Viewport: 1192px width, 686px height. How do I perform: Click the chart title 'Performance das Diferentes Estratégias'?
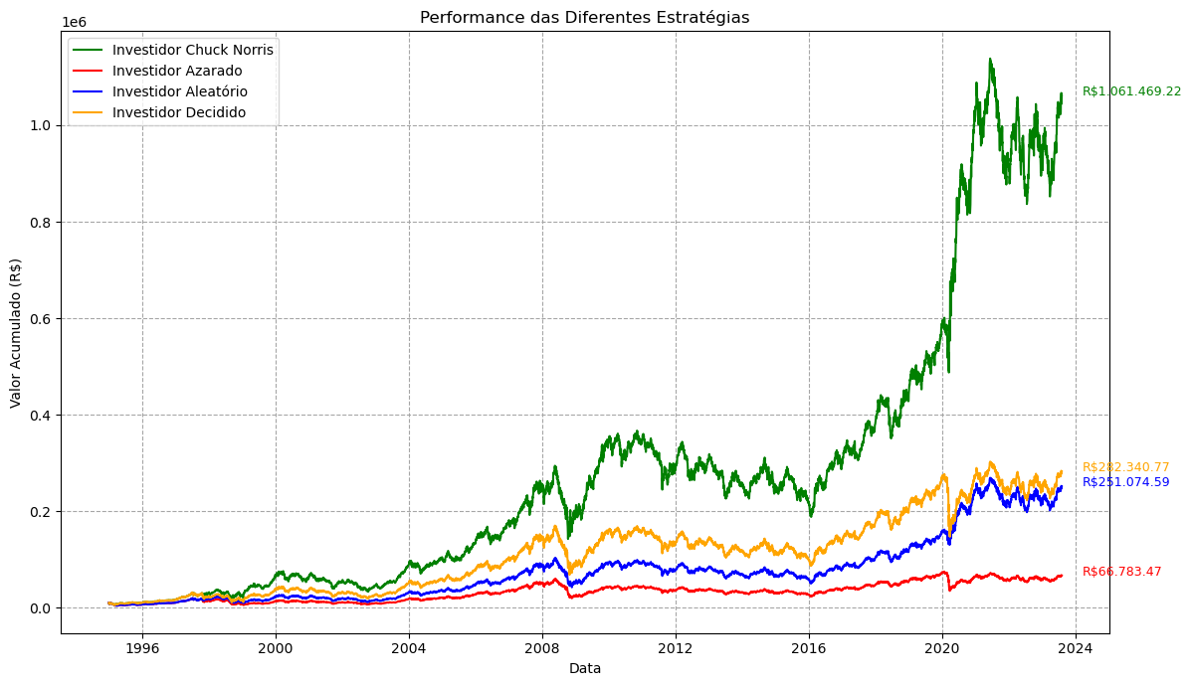pyautogui.click(x=585, y=18)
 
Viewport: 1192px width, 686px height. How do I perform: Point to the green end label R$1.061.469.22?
pyautogui.click(x=1132, y=91)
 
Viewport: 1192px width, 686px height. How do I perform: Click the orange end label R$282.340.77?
pyautogui.click(x=1126, y=467)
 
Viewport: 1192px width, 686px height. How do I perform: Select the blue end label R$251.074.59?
pyautogui.click(x=1126, y=482)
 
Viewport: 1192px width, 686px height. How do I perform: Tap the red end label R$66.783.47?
pyautogui.click(x=1122, y=572)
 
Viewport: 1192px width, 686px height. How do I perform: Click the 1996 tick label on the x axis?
pyautogui.click(x=142, y=649)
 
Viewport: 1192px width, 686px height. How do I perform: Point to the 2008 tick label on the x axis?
pyautogui.click(x=542, y=649)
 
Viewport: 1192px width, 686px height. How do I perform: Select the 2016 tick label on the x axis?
pyautogui.click(x=809, y=649)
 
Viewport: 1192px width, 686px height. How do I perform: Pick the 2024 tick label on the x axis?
pyautogui.click(x=1076, y=649)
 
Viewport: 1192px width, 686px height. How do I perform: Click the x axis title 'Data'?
pyautogui.click(x=585, y=668)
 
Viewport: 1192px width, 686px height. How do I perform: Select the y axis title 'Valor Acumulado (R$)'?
pyautogui.click(x=16, y=333)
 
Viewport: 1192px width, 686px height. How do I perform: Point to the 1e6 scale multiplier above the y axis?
pyautogui.click(x=74, y=23)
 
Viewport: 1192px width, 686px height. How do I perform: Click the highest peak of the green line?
pyautogui.click(x=989, y=59)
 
